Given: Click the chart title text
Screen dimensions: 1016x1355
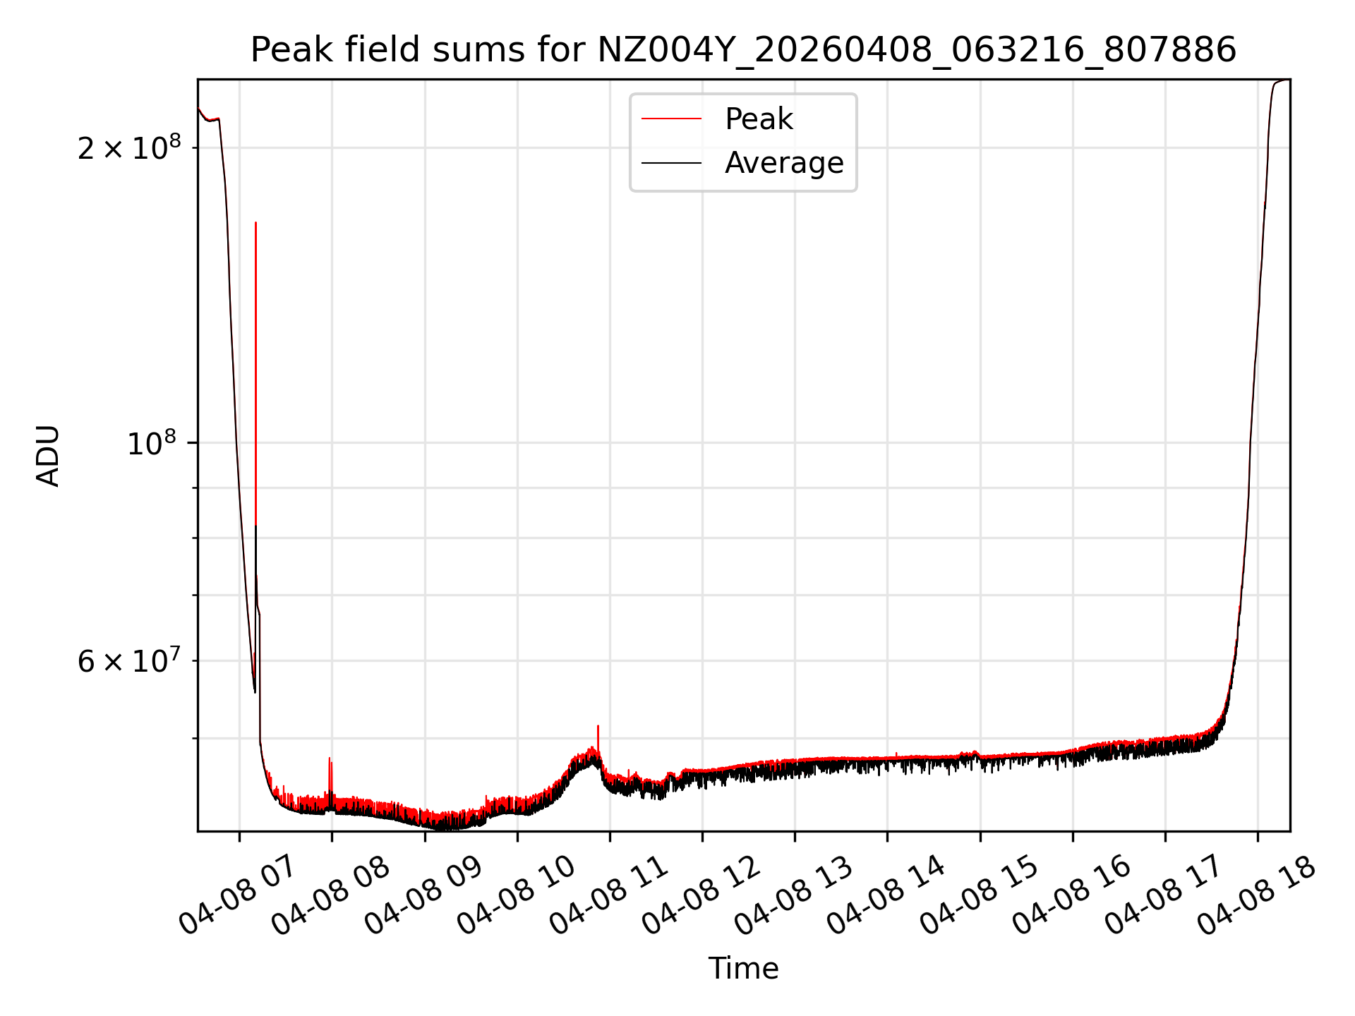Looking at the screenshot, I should [x=743, y=50].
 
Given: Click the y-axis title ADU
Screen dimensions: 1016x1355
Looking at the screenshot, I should [x=48, y=456].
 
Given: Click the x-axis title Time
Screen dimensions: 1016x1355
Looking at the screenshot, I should [x=743, y=969].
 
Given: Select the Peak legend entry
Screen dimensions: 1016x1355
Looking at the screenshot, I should [x=759, y=119].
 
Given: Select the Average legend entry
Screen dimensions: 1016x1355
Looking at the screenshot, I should [x=783, y=163].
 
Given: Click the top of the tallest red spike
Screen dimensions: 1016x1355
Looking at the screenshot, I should [x=255, y=223].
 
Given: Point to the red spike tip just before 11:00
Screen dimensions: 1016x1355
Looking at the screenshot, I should [x=598, y=726].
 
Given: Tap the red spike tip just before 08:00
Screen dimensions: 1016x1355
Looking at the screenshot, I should [x=329, y=758].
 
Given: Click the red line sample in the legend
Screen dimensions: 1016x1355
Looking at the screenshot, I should [x=671, y=119].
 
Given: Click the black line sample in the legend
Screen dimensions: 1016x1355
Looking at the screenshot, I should [x=671, y=163].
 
